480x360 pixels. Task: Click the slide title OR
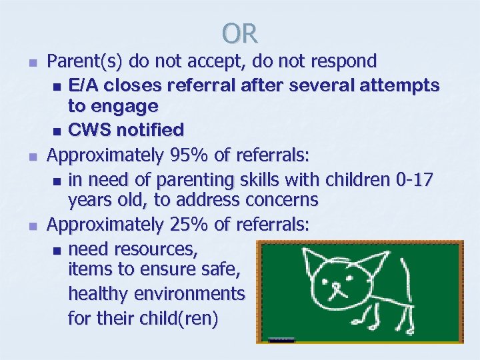point(240,33)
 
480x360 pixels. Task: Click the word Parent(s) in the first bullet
point(85,61)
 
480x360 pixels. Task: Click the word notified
point(147,129)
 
